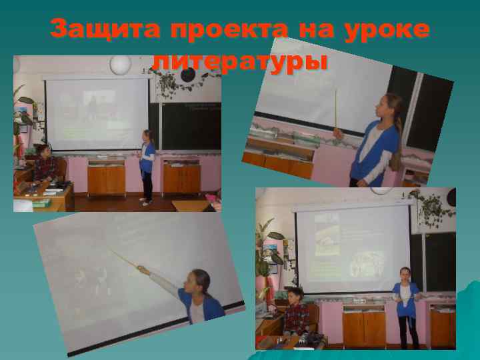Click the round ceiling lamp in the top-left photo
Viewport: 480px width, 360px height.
[x=120, y=65]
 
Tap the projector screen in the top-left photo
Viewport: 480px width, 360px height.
[x=97, y=113]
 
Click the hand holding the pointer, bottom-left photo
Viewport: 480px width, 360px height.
[x=142, y=269]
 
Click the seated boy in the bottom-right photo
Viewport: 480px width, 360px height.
[x=295, y=313]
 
